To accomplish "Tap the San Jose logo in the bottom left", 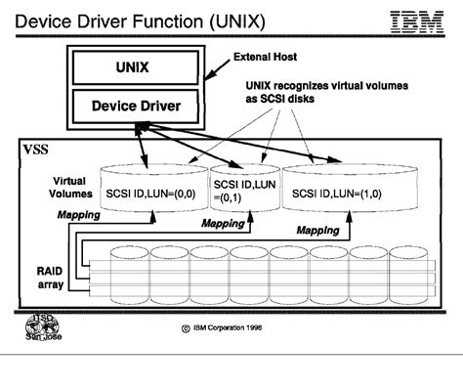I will coord(36,330).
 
